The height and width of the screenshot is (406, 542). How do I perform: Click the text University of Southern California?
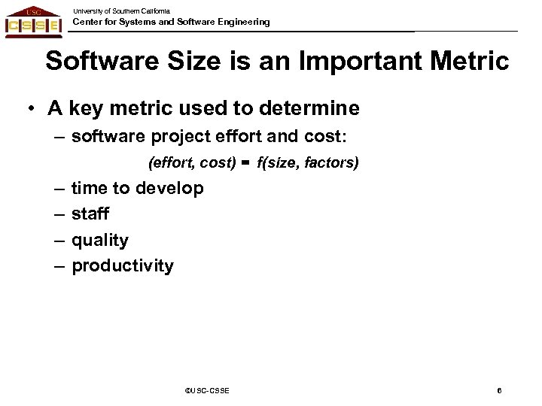121,10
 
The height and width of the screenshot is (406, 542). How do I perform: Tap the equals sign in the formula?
245,162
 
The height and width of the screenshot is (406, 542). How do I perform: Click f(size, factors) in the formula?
307,162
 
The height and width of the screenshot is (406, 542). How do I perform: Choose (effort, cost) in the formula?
193,162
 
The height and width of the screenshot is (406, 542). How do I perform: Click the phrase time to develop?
137,188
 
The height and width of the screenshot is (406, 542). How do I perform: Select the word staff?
90,214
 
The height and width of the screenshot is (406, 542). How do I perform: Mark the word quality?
100,241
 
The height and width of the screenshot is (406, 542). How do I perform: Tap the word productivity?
122,266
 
